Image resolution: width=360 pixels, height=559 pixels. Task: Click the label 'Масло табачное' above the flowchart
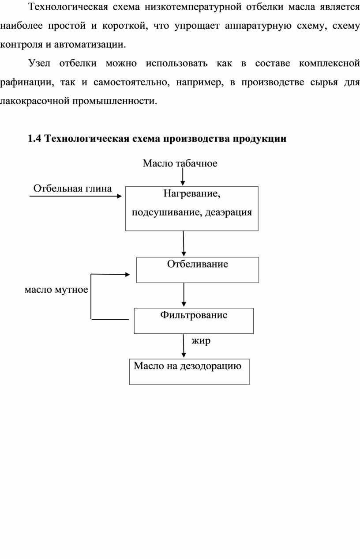tap(180, 163)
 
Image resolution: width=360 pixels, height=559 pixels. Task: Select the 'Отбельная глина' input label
tap(72, 189)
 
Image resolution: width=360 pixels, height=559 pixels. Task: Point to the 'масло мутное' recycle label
tap(56, 290)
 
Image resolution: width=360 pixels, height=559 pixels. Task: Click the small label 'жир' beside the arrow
tap(201, 341)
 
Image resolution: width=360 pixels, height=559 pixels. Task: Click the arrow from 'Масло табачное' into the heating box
tap(183, 177)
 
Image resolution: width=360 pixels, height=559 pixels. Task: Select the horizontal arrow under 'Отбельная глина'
tap(75, 196)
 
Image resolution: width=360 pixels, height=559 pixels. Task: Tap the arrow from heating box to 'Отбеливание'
tap(184, 244)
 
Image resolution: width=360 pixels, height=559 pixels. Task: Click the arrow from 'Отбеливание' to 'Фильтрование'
tap(184, 295)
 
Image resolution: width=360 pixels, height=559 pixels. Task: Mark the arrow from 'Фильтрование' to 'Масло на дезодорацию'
tap(184, 346)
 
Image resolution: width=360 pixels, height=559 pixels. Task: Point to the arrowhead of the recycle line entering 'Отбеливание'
tap(127, 275)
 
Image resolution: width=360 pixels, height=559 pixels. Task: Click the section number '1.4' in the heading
tap(34, 139)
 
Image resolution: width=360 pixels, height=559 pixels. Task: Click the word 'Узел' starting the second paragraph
tap(39, 64)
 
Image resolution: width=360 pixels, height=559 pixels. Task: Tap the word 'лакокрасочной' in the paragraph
tap(34, 101)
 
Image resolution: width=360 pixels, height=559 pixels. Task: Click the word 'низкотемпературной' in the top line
tap(193, 7)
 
